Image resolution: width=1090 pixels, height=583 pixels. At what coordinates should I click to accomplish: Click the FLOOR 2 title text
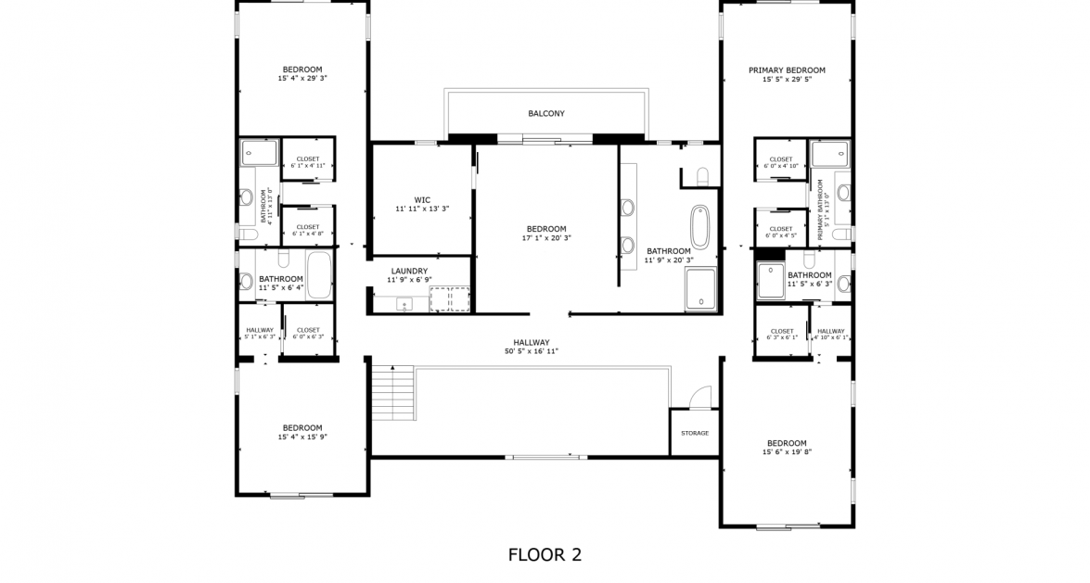[x=545, y=555]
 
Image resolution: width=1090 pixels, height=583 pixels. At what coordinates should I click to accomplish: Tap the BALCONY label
[x=545, y=114]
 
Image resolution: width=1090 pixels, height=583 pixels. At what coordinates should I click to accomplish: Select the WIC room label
[x=422, y=199]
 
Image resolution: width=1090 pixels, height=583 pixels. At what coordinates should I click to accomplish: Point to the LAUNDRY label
[x=408, y=272]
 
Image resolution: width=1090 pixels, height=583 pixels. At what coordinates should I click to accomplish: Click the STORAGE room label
[x=694, y=433]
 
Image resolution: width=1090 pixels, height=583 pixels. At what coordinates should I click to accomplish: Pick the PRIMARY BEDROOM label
[x=787, y=70]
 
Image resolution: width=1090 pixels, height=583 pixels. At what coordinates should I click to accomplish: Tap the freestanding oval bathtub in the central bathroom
[x=699, y=226]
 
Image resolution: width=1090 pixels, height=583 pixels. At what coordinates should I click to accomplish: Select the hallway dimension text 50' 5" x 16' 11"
[x=532, y=352]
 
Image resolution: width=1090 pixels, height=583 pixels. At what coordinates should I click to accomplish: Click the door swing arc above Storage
[x=700, y=396]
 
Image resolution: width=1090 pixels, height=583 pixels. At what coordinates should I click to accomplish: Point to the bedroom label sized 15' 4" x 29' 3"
[x=302, y=70]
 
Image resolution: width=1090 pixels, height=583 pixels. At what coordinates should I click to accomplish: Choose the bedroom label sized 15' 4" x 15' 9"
[x=302, y=428]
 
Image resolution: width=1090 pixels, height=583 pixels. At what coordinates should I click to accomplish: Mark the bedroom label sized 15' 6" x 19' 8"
[x=787, y=443]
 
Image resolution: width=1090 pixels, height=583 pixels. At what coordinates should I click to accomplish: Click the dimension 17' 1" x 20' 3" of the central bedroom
[x=545, y=237]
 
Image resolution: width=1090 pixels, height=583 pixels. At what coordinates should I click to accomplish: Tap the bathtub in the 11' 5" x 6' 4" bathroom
[x=318, y=275]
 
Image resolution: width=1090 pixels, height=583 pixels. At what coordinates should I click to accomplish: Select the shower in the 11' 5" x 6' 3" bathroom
[x=771, y=281]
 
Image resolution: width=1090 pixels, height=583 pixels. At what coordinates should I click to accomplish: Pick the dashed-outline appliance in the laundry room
[x=450, y=298]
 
